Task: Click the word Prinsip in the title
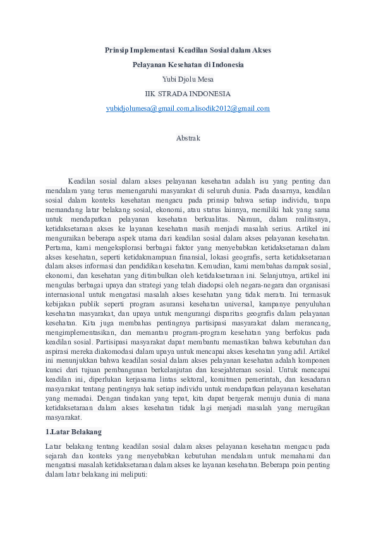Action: (x=117, y=49)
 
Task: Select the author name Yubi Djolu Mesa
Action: (x=188, y=79)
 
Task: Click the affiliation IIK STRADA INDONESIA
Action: (x=188, y=94)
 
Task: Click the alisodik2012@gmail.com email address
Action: (x=231, y=108)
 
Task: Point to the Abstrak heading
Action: (x=188, y=137)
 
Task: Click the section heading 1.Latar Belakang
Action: (x=74, y=432)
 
